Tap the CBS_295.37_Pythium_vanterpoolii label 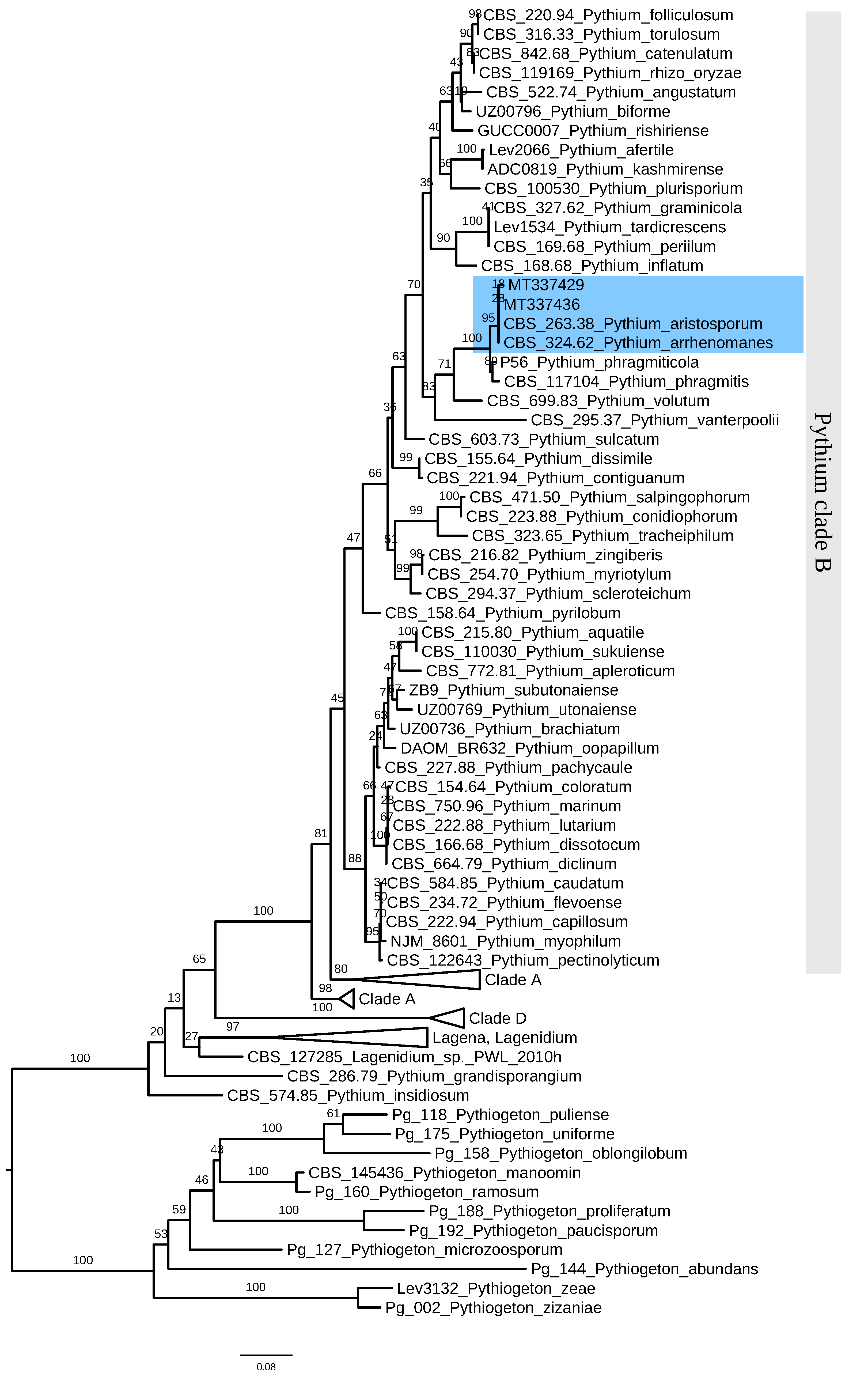point(654,420)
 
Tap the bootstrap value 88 point(354,858)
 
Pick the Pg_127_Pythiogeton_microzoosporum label point(424,1250)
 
